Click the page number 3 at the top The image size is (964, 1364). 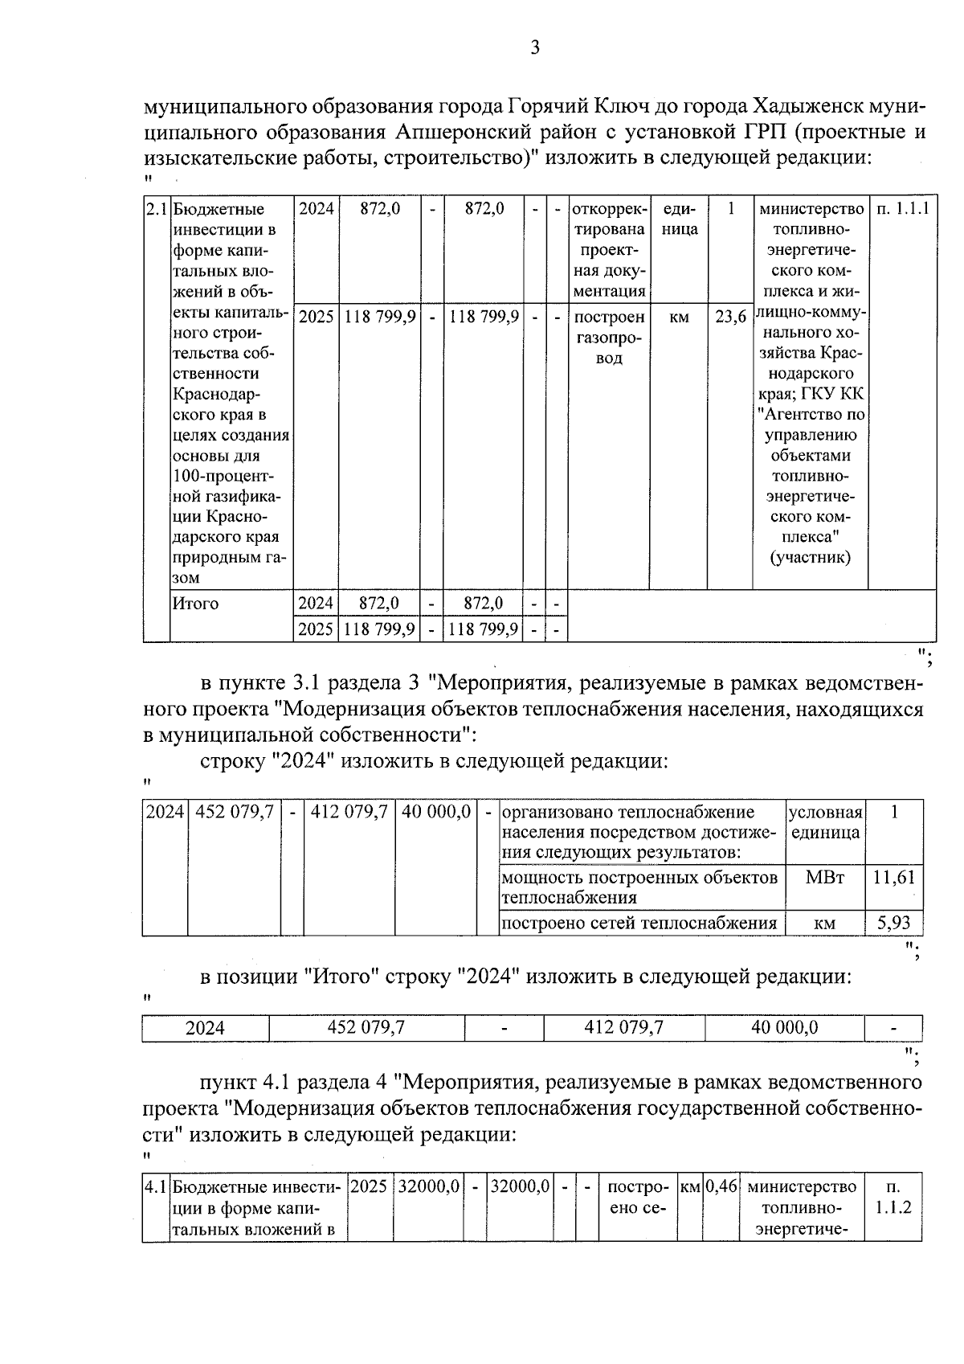tap(535, 48)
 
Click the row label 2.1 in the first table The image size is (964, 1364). tap(156, 210)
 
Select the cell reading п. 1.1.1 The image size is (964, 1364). tap(902, 210)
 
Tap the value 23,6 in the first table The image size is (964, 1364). tap(729, 317)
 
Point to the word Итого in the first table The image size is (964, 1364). tap(196, 603)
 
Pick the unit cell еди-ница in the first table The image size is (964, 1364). tap(679, 219)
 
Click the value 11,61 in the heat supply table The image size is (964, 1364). tap(894, 877)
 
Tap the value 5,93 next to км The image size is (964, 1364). tap(894, 923)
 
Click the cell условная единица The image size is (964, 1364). tap(825, 822)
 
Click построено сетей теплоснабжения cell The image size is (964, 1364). tap(639, 923)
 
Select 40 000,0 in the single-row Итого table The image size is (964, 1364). tap(784, 1027)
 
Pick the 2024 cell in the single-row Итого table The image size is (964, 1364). tap(205, 1028)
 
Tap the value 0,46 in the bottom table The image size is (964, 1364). tap(721, 1186)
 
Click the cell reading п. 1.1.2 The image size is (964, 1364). tap(893, 1197)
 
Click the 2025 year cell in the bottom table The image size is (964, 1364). tap(369, 1186)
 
